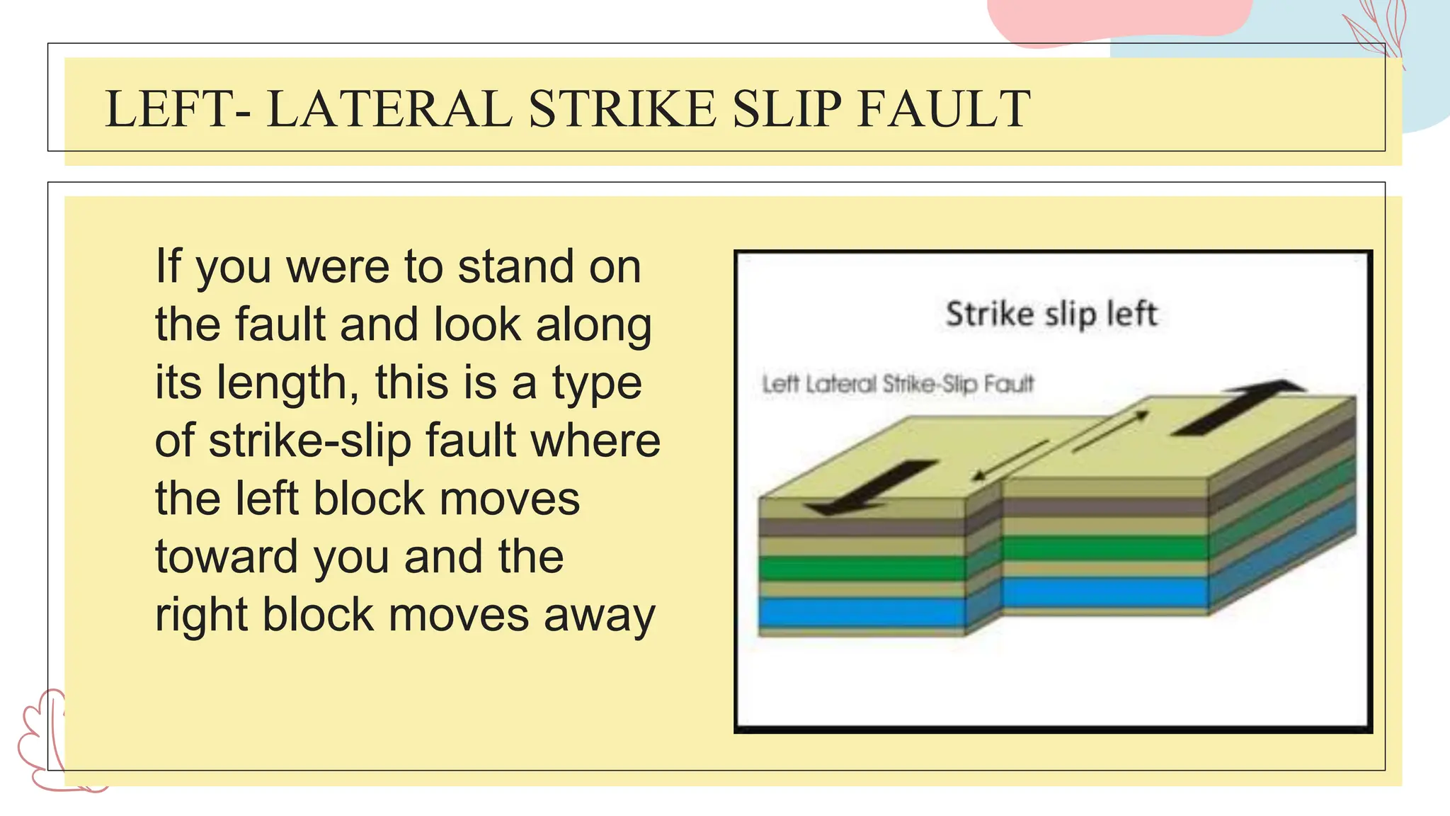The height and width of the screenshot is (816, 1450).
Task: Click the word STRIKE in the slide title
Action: [622, 109]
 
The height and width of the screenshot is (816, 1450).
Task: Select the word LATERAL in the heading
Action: [389, 109]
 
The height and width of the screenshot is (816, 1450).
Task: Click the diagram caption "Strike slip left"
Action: [1051, 314]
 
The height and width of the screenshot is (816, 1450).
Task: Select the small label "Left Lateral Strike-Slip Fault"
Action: [898, 385]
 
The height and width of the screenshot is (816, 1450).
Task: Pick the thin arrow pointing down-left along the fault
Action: [1010, 460]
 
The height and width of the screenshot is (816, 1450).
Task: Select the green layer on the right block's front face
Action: [1104, 548]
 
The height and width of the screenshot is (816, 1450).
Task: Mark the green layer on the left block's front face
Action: [860, 569]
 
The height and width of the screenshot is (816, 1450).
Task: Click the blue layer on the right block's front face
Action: [1104, 591]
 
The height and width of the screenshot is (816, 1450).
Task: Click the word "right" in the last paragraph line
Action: [201, 615]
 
